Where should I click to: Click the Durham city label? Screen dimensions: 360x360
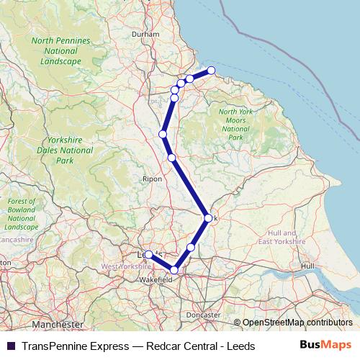[145, 34]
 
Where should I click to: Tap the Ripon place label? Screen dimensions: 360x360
[152, 179]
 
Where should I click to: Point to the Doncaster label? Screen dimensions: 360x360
[203, 315]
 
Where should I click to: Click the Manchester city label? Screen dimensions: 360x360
[58, 325]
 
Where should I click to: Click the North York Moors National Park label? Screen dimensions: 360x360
[235, 124]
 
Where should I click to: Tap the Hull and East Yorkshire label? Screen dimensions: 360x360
[282, 238]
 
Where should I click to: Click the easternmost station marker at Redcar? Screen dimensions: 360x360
[212, 71]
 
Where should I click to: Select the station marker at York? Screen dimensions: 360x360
[208, 217]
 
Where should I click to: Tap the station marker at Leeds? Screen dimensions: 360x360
[148, 254]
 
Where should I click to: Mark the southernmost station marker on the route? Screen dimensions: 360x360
[174, 270]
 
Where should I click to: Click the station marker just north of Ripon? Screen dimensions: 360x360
[171, 158]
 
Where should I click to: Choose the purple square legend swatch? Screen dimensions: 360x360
[11, 346]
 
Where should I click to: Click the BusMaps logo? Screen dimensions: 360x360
[326, 345]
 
